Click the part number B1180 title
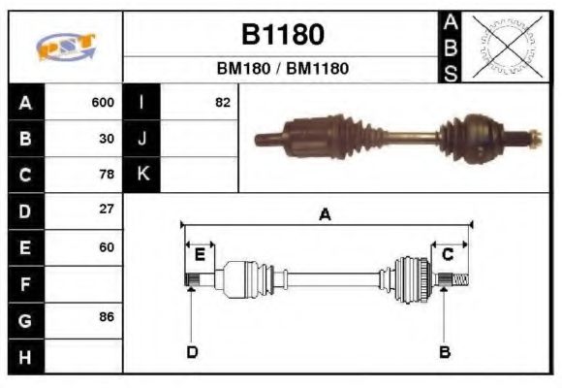[x=282, y=35]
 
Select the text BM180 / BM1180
[x=282, y=69]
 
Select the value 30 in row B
[x=107, y=139]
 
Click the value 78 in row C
[x=107, y=175]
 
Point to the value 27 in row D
[x=107, y=210]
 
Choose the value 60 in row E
[x=107, y=246]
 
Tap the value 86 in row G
[x=107, y=318]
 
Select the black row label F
[x=25, y=284]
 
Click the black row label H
[x=25, y=356]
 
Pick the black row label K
[x=142, y=175]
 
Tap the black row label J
[x=142, y=139]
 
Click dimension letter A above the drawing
[x=326, y=215]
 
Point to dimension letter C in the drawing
[x=448, y=254]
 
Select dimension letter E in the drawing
[x=200, y=254]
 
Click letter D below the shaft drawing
[x=191, y=351]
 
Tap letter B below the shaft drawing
[x=445, y=351]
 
